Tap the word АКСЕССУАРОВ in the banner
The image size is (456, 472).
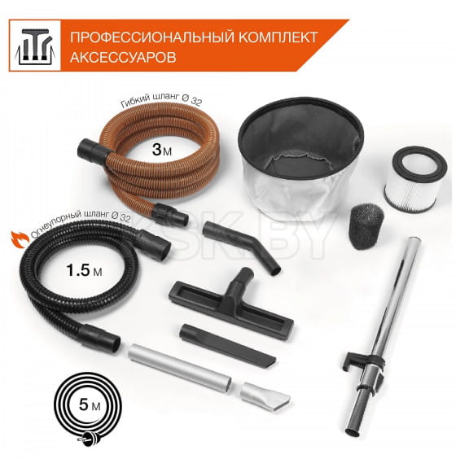pyautogui.click(x=121, y=59)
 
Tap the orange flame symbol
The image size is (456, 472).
pyautogui.click(x=15, y=238)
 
